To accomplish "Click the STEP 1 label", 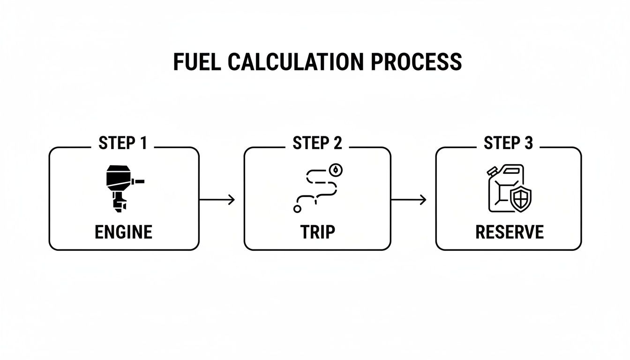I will coord(123,143).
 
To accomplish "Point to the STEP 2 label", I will coord(317,143).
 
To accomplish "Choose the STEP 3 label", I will coord(508,143).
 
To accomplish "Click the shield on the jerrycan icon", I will coord(520,200).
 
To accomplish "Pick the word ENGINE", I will coord(123,232).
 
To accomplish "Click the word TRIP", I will coord(317,232).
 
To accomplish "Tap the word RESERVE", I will coord(509,232).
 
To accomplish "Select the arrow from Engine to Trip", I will coord(217,200).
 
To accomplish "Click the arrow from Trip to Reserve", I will coord(409,200).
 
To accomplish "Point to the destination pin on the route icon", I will coord(336,170).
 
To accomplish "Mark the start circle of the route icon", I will coord(297,209).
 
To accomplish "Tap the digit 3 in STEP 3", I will coord(529,143).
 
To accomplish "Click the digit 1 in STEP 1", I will coord(143,143).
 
